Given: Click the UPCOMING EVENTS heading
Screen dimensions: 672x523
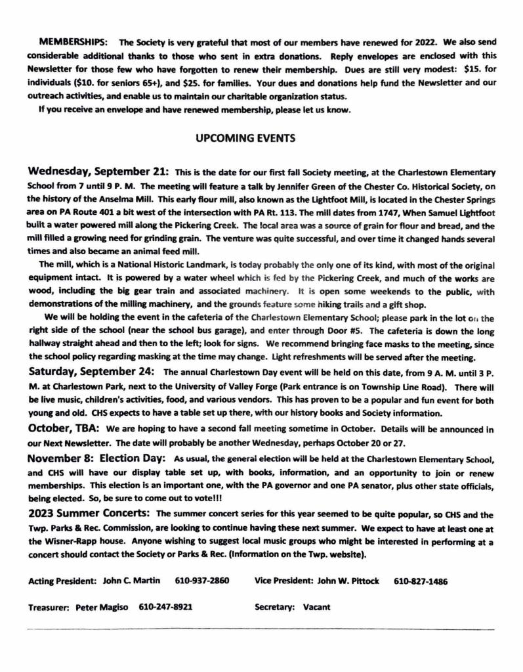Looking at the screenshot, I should tap(246, 138).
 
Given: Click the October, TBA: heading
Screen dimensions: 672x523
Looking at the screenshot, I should tap(63, 428).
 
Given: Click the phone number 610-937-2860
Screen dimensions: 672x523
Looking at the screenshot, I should tap(202, 581).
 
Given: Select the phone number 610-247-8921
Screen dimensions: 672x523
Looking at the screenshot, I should tap(165, 607).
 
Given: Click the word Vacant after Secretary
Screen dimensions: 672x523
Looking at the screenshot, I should tap(317, 607).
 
